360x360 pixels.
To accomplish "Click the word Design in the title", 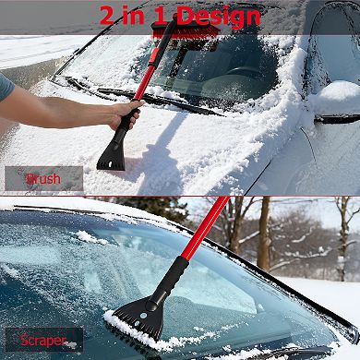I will [x=217, y=16].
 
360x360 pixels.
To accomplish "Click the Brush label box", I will [x=43, y=178].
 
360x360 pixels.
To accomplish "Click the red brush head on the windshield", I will [x=186, y=33].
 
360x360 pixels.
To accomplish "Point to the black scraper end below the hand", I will [x=113, y=151].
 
